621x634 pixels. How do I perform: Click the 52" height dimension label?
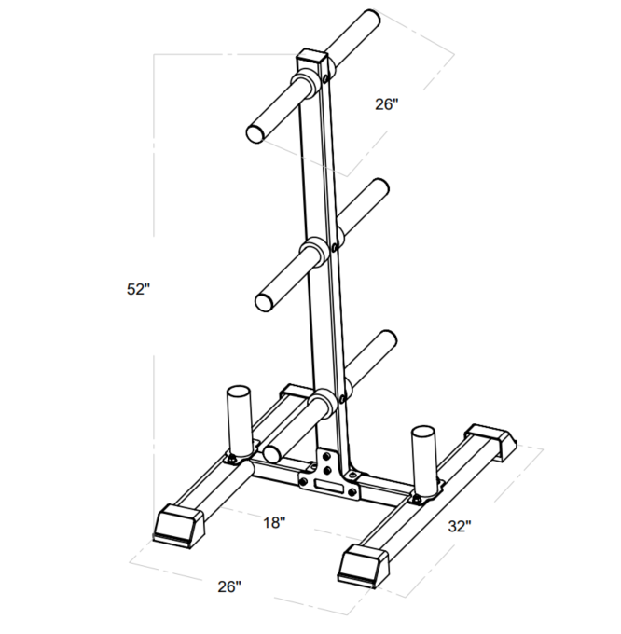click(138, 290)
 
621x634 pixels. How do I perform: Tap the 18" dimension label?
click(272, 523)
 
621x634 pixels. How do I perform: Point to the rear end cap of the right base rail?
click(490, 440)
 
